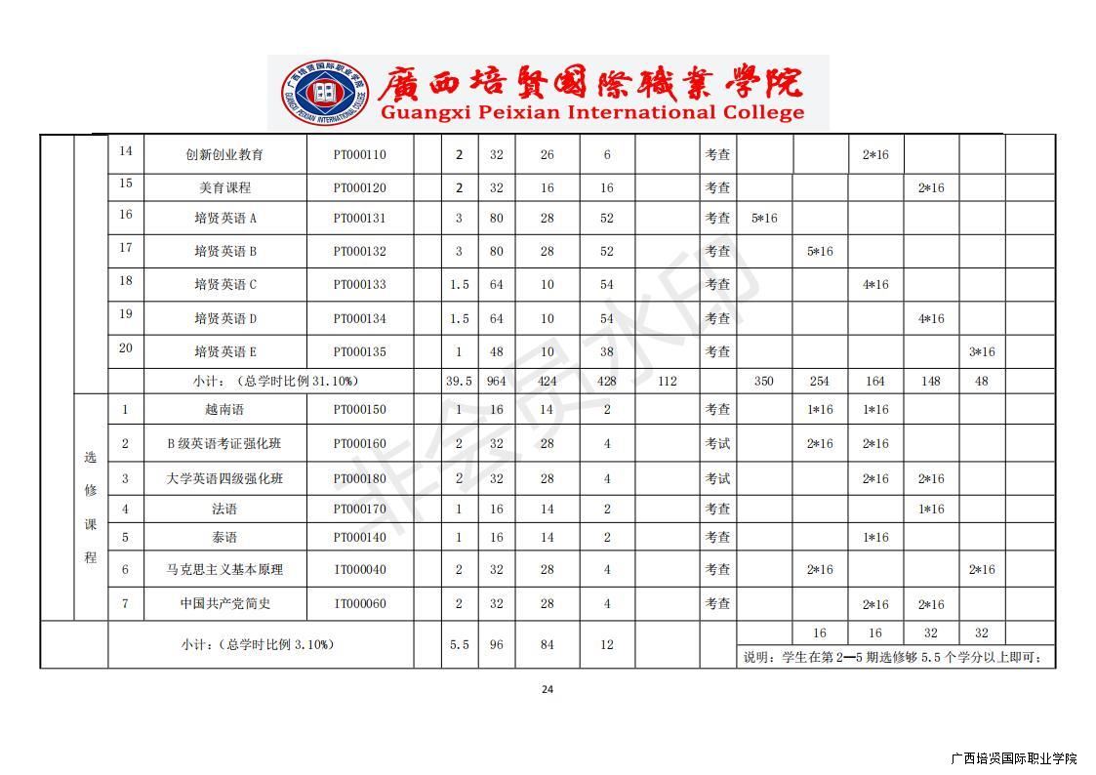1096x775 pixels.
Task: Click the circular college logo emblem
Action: click(325, 93)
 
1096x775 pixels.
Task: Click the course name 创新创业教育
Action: click(224, 154)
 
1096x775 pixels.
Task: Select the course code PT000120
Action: click(359, 187)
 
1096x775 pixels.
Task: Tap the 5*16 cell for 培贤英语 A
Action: click(764, 219)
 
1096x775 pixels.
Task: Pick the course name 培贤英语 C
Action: click(225, 285)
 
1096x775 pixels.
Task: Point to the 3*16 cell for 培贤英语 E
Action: click(981, 352)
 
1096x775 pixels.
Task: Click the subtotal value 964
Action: click(497, 382)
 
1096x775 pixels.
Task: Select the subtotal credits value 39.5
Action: click(459, 382)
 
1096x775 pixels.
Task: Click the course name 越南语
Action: click(224, 410)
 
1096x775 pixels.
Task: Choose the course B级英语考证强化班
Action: click(224, 444)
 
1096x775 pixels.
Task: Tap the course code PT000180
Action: click(359, 479)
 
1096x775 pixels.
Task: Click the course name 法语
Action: click(224, 510)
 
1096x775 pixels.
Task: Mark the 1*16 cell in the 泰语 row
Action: click(874, 538)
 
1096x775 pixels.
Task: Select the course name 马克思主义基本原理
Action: click(224, 570)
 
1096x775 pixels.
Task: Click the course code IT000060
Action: click(359, 604)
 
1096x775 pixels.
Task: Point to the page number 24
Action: click(548, 690)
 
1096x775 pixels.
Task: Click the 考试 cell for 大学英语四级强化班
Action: click(717, 479)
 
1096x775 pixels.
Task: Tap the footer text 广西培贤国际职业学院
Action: click(1013, 758)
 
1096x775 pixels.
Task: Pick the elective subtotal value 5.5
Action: click(459, 645)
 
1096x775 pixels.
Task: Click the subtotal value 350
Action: click(764, 382)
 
